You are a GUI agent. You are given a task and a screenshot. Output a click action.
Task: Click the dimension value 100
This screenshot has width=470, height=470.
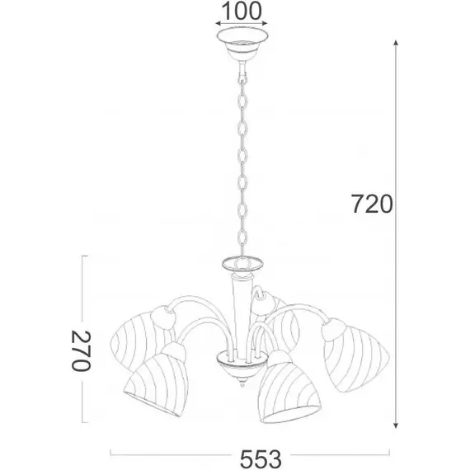[242, 11]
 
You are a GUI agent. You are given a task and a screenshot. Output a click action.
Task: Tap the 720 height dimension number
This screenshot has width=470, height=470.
[372, 204]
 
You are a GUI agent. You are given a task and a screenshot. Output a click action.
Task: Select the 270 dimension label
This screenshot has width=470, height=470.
[81, 350]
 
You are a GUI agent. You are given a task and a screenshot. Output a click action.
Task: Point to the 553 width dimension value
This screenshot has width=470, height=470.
[261, 459]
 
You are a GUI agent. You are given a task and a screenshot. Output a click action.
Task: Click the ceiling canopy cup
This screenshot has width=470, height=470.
[242, 43]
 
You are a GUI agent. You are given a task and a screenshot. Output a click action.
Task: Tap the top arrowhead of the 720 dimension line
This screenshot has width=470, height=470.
[396, 43]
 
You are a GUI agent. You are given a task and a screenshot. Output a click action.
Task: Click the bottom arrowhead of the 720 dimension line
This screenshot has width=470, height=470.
[396, 425]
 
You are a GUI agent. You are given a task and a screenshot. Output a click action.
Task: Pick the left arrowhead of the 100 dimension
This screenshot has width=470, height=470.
[219, 24]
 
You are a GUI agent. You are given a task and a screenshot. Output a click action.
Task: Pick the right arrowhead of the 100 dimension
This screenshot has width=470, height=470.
[264, 24]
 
